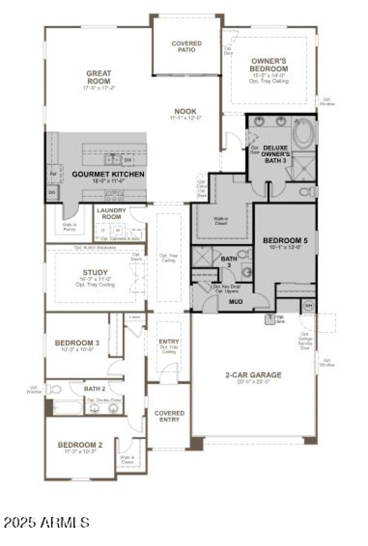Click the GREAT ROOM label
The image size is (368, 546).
coord(99,77)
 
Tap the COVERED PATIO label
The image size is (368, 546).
coord(186,46)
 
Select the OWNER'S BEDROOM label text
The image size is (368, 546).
coord(269,65)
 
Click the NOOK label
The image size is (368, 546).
coord(185,111)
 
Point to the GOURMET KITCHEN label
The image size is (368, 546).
coord(108,175)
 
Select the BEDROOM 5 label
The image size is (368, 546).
coord(285,240)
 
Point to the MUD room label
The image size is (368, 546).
coord(236,302)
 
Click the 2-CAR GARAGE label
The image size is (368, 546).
coord(253,375)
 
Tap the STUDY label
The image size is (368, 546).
coord(95,272)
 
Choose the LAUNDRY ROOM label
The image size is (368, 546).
coord(110,214)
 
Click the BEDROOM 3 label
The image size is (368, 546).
coord(77,343)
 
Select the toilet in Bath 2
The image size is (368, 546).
coord(55,390)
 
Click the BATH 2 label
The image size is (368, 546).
coord(95,389)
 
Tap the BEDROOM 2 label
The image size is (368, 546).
coord(80,445)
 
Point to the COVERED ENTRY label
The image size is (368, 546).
coord(169,416)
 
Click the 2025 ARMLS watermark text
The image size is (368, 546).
coord(46,522)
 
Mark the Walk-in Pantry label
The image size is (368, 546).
coord(69,227)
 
